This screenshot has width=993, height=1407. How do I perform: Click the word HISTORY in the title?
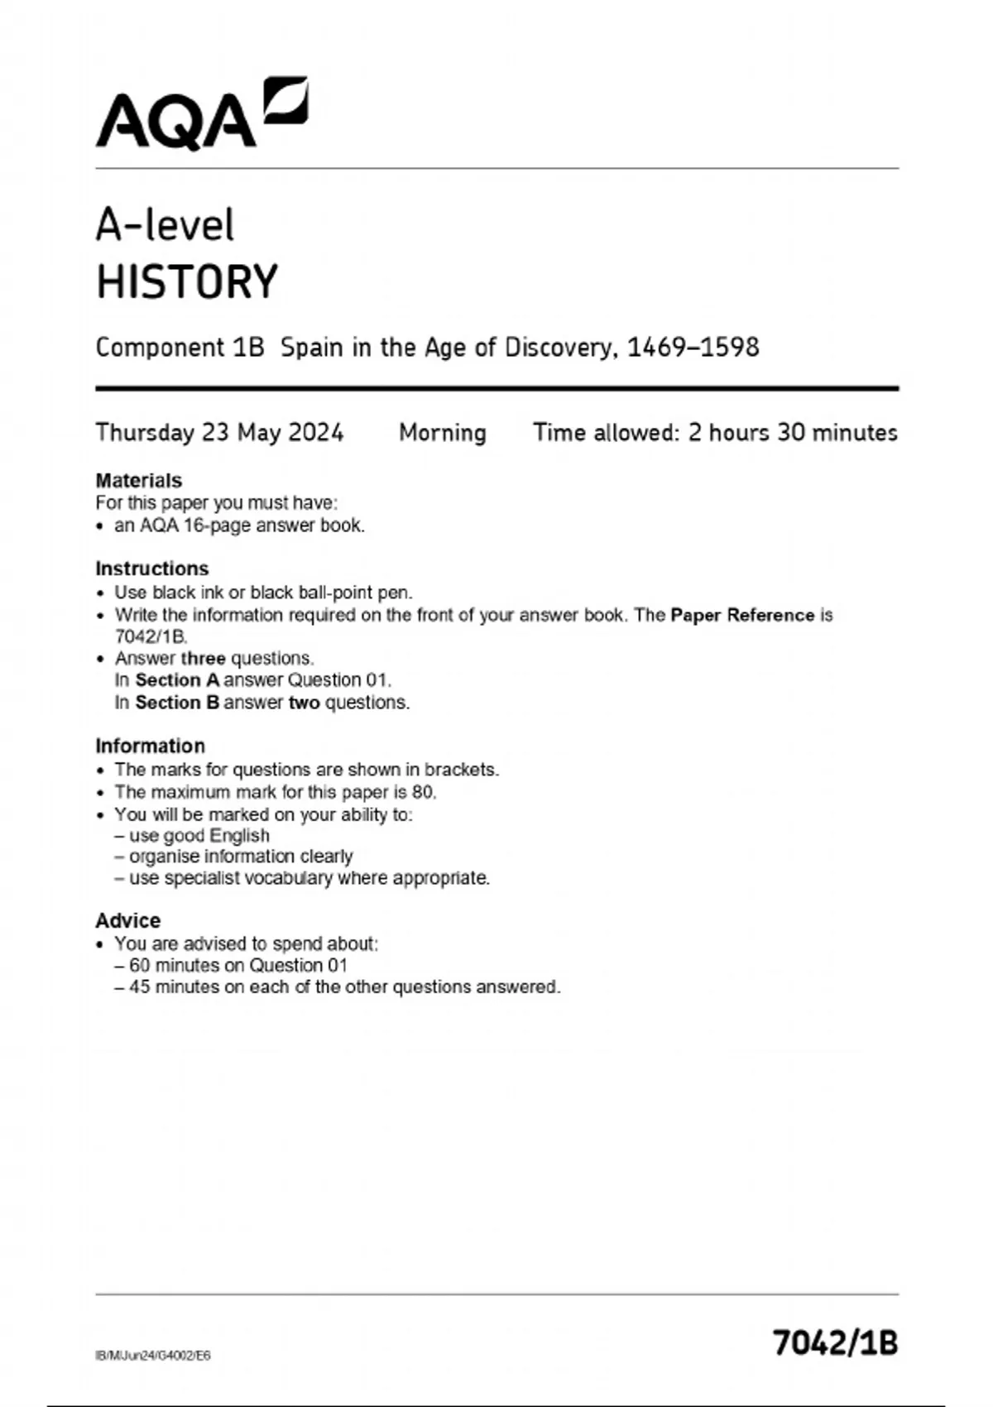(x=187, y=282)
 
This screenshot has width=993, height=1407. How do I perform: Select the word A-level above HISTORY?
(x=165, y=225)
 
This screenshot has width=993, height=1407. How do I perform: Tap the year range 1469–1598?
(x=693, y=348)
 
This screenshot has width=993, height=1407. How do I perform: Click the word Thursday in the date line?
(x=145, y=433)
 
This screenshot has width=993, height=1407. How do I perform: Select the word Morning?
(x=443, y=433)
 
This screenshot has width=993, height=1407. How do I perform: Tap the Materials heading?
(x=138, y=481)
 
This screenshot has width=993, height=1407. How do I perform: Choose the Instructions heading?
(x=151, y=569)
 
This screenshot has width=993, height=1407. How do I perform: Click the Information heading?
(x=150, y=746)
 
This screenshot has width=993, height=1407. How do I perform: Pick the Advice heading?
(x=127, y=920)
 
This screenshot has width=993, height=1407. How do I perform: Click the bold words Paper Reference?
(x=742, y=615)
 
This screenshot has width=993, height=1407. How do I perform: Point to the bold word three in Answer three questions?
(x=203, y=659)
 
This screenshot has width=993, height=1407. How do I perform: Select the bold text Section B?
(x=177, y=703)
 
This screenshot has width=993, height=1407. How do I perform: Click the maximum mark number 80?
(x=423, y=792)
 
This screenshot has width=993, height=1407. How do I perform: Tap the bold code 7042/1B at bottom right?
(x=836, y=1342)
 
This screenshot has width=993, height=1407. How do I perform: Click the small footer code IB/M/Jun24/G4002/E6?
(x=153, y=1356)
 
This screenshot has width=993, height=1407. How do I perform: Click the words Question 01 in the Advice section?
(x=298, y=965)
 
